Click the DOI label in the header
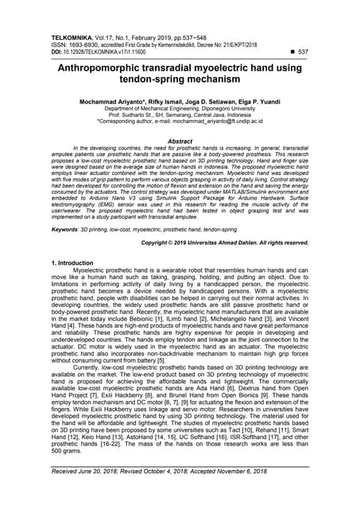point(56,52)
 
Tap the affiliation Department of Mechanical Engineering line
point(180,112)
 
